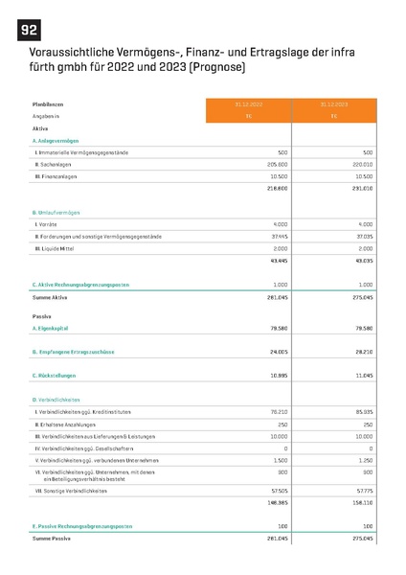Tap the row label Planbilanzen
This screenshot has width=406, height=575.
50,103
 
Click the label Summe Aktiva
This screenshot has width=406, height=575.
54,297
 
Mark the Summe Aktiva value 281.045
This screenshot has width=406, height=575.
276,297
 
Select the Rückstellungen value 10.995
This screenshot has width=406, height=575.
278,376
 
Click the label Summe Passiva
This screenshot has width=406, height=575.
55,540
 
